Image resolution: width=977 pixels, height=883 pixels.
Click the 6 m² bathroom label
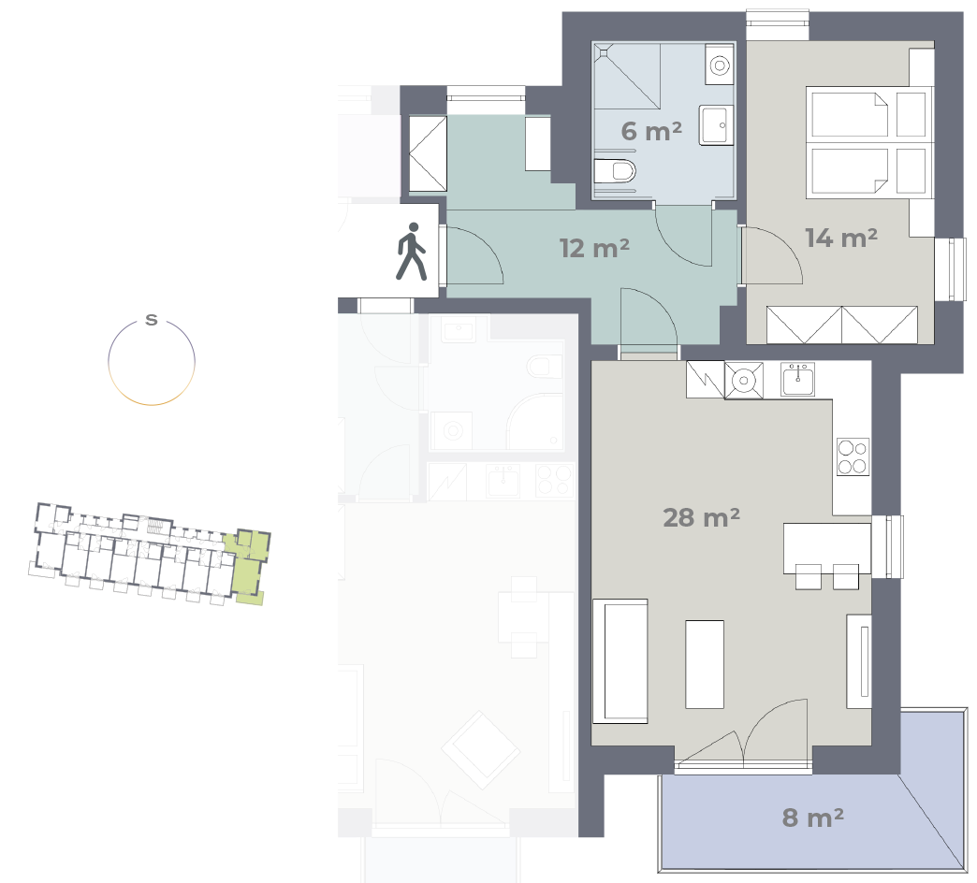point(651,131)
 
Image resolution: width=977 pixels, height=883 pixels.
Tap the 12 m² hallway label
point(594,249)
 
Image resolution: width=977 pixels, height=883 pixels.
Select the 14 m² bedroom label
point(841,238)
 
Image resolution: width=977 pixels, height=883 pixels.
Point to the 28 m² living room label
point(701,517)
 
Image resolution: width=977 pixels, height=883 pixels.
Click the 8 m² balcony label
point(812,818)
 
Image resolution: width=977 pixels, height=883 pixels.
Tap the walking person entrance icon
point(411,252)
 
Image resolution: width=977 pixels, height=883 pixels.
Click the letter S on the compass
point(152,320)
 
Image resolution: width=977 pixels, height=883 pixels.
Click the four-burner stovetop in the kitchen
point(853,457)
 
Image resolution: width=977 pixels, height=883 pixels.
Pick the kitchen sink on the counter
point(797,379)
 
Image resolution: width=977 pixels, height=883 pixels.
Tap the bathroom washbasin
point(716,125)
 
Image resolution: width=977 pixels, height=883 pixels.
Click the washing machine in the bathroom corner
point(720,65)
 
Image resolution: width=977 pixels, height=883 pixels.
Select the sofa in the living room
point(620,660)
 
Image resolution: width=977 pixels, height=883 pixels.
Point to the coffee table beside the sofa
point(705,664)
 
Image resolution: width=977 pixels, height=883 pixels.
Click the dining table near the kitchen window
point(827,548)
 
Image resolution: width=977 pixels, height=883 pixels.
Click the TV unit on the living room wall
point(858,660)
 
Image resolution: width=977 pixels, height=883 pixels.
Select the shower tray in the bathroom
point(626,76)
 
